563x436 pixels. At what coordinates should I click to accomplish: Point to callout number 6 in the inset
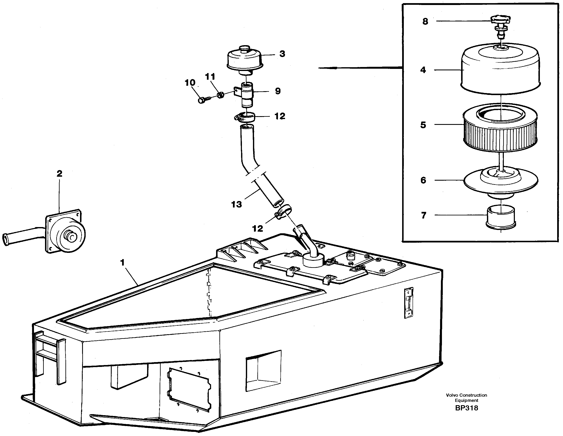coord(423,180)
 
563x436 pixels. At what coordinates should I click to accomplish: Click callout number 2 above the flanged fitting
coord(59,174)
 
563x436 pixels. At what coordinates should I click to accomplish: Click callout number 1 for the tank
coord(123,262)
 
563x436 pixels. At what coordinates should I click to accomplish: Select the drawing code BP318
coord(466,408)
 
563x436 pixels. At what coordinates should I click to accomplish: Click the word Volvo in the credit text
coord(452,395)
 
